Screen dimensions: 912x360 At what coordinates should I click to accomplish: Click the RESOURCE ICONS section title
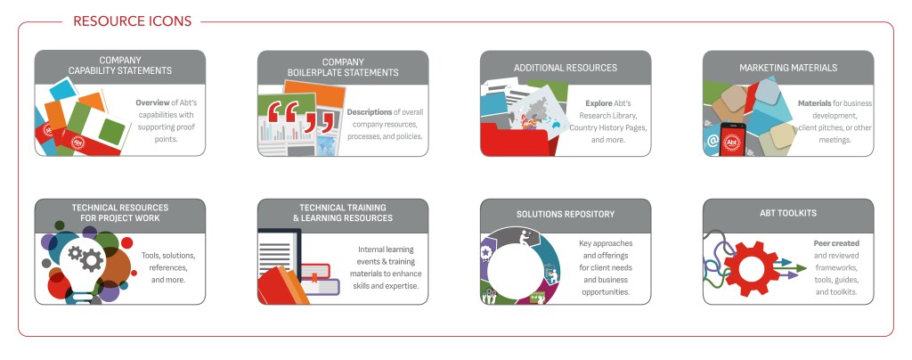tap(132, 21)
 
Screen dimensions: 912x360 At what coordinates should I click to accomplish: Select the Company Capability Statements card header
tap(120, 65)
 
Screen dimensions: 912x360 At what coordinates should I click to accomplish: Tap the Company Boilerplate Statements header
tap(343, 67)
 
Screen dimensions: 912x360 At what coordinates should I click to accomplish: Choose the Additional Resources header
tap(566, 68)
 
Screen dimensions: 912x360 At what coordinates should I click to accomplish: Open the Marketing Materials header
tap(788, 68)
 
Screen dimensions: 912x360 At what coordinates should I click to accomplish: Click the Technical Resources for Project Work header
tap(120, 213)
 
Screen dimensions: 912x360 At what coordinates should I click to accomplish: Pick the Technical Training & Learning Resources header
tap(343, 213)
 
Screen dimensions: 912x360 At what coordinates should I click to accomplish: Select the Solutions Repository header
tap(566, 214)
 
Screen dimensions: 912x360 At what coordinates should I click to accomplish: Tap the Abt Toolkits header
tap(788, 213)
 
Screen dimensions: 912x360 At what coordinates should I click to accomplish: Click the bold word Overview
tap(152, 102)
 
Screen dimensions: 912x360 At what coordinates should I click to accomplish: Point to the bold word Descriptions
tap(370, 111)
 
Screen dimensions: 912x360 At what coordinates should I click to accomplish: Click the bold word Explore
tap(598, 103)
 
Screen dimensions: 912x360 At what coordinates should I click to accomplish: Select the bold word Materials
tap(814, 103)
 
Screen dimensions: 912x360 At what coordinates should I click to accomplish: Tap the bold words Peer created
tap(836, 243)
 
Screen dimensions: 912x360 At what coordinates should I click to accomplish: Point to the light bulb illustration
tap(84, 266)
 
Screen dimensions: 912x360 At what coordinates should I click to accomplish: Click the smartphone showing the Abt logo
tap(732, 140)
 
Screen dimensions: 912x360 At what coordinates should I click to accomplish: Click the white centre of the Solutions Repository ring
tap(515, 271)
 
